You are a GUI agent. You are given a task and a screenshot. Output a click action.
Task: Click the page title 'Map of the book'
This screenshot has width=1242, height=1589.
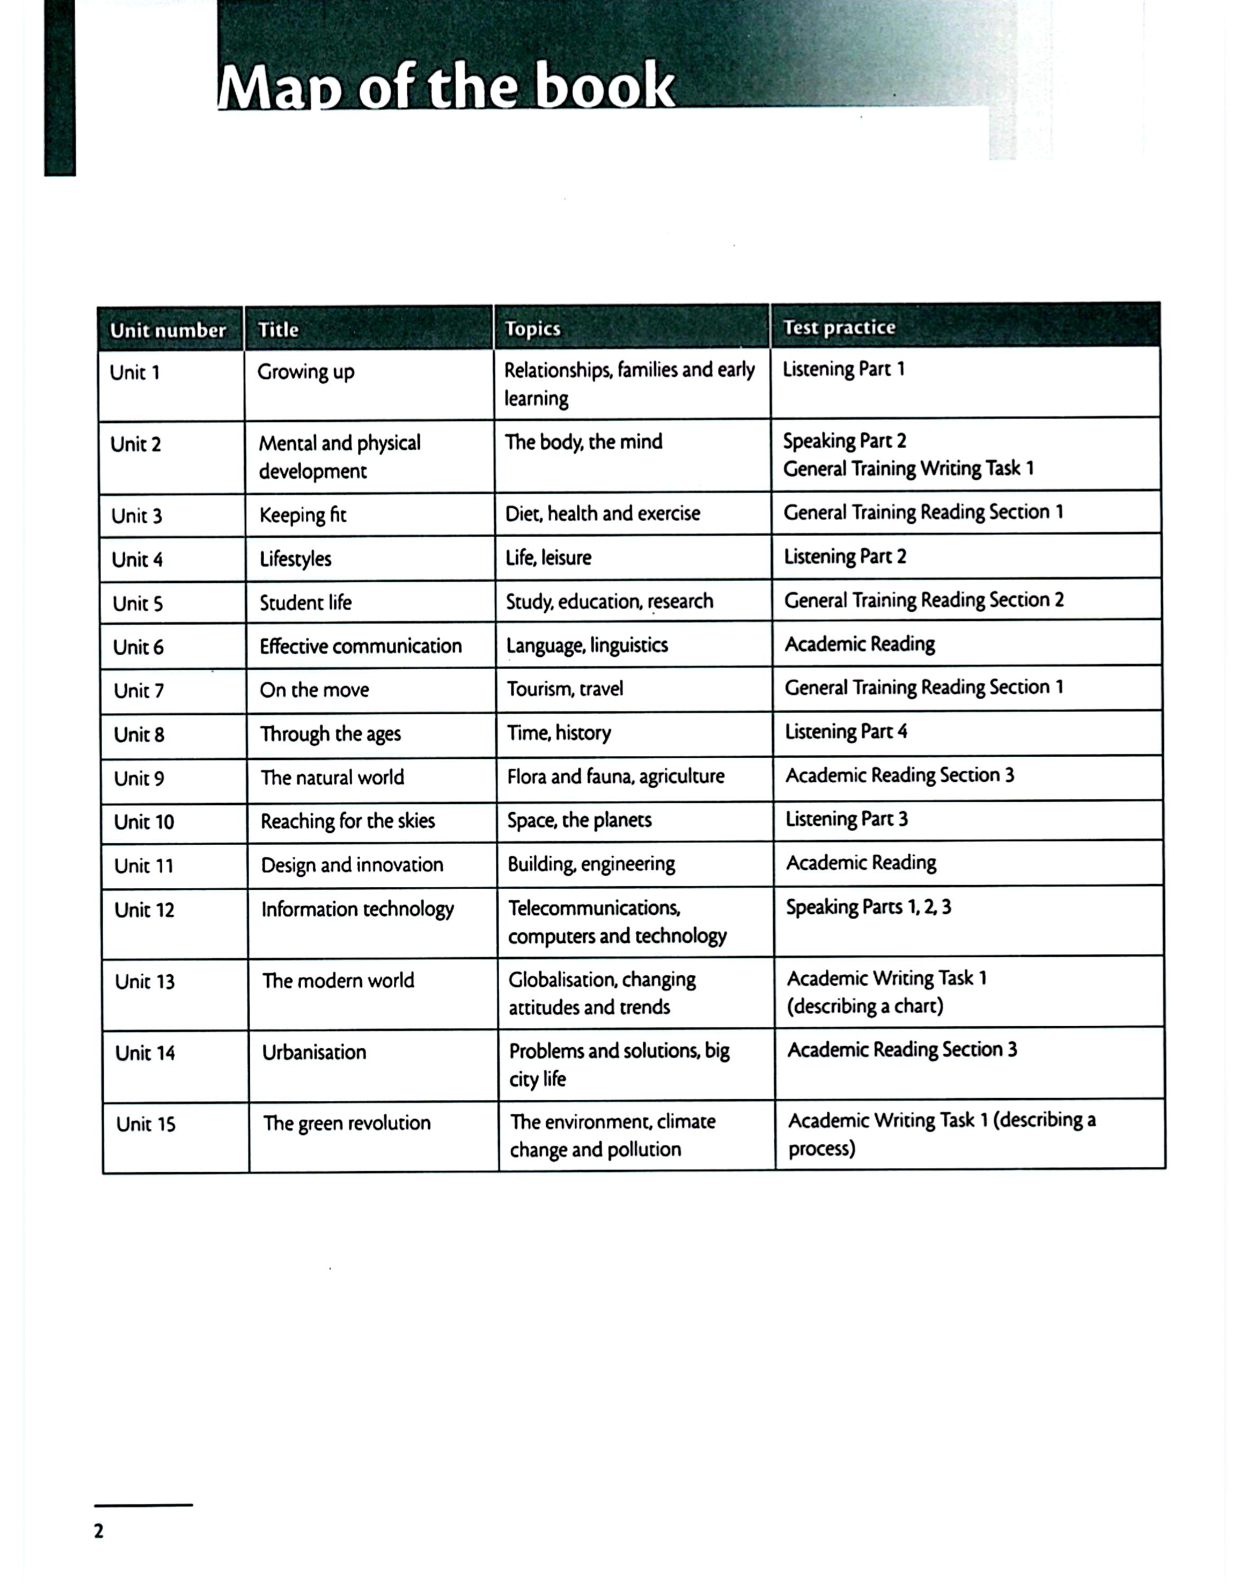446,86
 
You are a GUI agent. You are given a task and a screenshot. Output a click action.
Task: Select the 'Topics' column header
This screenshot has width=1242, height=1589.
533,329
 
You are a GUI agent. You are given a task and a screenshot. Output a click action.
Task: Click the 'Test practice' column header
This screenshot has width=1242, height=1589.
839,327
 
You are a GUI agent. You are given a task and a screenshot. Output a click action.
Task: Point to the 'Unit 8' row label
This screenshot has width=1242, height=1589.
139,734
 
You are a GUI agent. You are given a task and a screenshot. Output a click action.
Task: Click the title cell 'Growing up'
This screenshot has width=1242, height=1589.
306,372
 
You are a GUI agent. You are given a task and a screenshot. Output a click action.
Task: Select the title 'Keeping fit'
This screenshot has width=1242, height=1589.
302,515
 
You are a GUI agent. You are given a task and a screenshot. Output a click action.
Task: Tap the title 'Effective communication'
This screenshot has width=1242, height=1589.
361,646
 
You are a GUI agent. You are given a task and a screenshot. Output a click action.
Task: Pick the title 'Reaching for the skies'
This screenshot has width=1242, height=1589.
348,822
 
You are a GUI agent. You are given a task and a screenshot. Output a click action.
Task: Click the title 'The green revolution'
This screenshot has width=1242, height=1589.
347,1123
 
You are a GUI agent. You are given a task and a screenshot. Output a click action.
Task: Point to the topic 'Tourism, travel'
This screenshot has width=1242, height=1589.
565,689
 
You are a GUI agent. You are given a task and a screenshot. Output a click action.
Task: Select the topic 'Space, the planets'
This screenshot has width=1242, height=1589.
579,820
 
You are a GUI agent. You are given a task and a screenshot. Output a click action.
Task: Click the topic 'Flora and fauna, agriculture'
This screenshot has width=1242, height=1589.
615,776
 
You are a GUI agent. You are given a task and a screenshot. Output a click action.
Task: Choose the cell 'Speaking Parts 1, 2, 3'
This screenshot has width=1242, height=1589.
869,907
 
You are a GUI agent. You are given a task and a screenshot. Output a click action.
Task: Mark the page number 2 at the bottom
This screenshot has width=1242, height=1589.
99,1531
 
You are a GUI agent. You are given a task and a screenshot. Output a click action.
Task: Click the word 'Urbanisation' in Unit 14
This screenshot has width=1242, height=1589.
314,1052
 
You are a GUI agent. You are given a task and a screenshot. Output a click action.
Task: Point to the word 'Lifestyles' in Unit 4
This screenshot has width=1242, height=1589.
296,559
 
